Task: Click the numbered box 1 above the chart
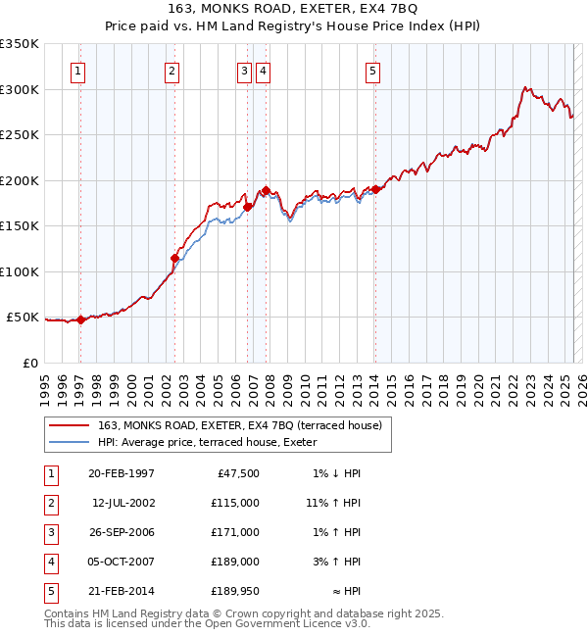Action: pyautogui.click(x=77, y=71)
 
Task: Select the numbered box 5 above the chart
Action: pyautogui.click(x=373, y=71)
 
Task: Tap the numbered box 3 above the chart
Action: pyautogui.click(x=243, y=71)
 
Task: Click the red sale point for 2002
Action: pyautogui.click(x=174, y=259)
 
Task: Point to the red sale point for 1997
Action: pyautogui.click(x=81, y=319)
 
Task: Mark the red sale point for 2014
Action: pyautogui.click(x=375, y=190)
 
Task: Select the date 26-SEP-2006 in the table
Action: pyautogui.click(x=122, y=532)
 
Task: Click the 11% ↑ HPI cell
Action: pyautogui.click(x=333, y=503)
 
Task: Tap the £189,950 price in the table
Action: pyautogui.click(x=235, y=592)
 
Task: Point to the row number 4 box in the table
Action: pyautogui.click(x=49, y=562)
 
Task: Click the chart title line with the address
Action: pyautogui.click(x=293, y=10)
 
